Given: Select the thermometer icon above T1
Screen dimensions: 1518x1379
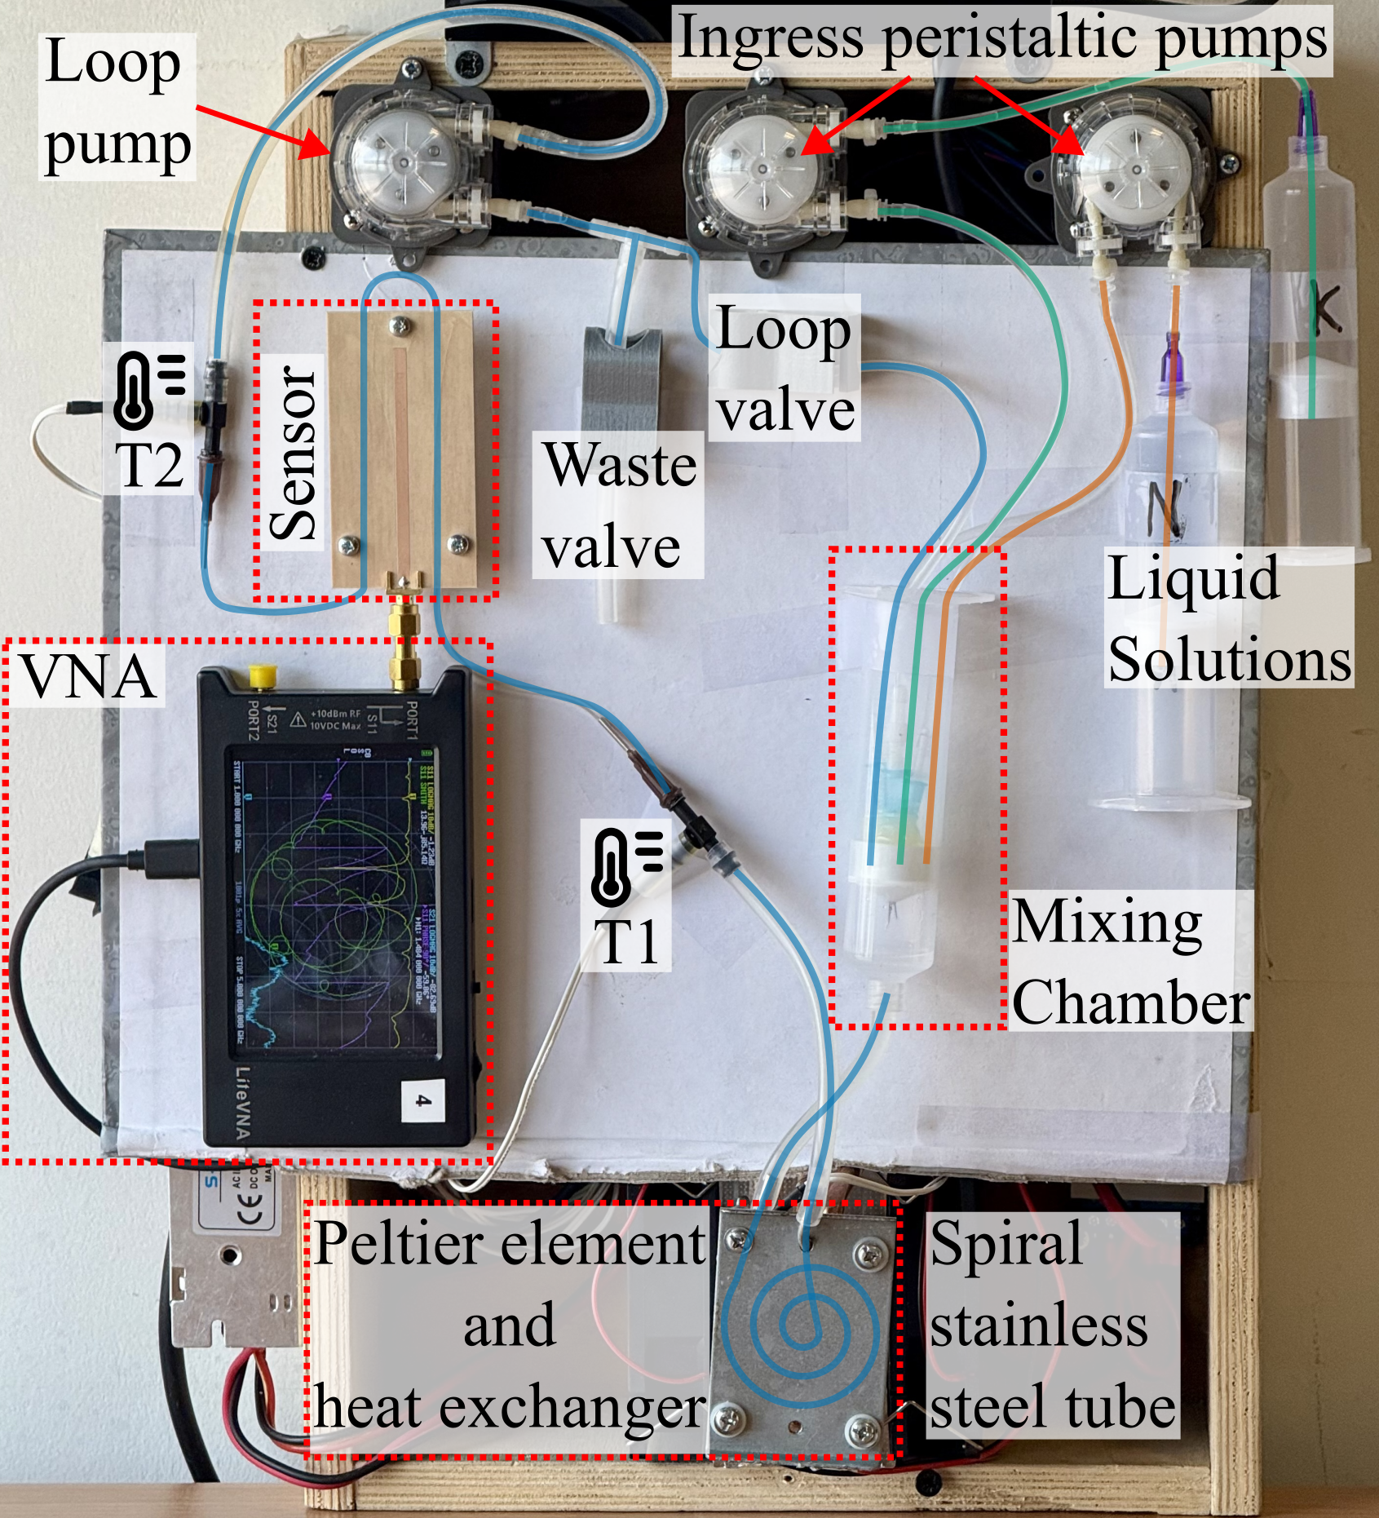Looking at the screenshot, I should click(x=626, y=866).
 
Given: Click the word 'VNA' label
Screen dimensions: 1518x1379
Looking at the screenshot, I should click(x=88, y=677).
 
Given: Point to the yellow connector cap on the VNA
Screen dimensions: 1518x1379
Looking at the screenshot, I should click(x=262, y=675).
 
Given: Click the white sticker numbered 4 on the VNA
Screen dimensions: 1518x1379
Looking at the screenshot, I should click(x=423, y=1100).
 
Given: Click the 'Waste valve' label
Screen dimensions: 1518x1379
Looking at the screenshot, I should click(x=617, y=505).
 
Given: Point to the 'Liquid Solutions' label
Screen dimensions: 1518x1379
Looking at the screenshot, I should click(x=1228, y=618).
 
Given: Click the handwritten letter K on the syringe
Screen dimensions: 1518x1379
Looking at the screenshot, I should click(x=1324, y=309).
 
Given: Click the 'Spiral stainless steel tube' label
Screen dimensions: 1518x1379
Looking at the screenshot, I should click(x=1052, y=1325).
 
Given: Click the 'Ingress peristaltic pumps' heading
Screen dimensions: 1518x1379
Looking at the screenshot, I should click(x=1001, y=38).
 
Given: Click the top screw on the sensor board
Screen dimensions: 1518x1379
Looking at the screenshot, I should click(x=400, y=326).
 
